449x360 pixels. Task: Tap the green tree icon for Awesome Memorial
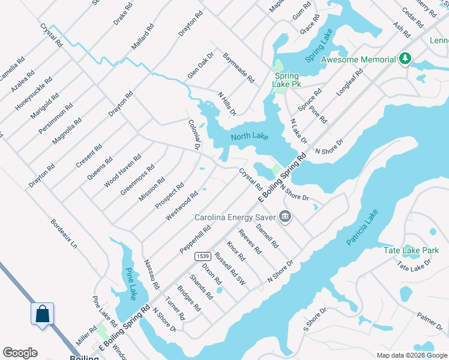(x=406, y=59)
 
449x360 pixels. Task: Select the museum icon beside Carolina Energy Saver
(x=285, y=217)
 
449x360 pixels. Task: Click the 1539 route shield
(x=202, y=256)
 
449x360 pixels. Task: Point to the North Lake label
(x=249, y=137)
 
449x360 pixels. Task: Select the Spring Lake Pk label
(x=288, y=80)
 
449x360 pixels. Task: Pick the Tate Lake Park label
(x=411, y=250)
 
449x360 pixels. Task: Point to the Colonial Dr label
(x=194, y=134)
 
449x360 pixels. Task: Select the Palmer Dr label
(x=430, y=320)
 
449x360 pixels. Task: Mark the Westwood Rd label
(x=182, y=206)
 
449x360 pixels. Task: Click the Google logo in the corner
(x=20, y=353)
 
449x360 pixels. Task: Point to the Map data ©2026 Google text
(x=412, y=355)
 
